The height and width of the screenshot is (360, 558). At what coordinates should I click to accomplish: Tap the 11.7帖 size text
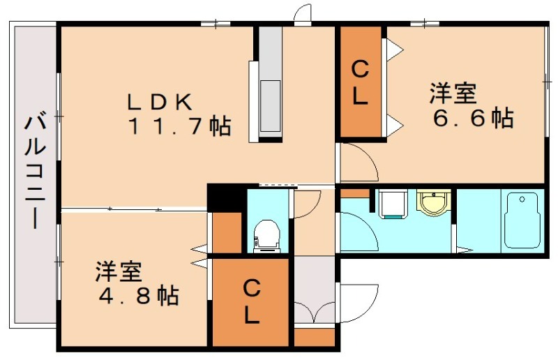pos(178,126)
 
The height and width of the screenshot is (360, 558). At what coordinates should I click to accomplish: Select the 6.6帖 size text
pos(472,117)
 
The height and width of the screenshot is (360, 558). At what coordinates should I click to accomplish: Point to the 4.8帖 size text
pos(137,295)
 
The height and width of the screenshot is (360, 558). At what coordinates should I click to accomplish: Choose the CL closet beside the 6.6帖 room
pos(359,82)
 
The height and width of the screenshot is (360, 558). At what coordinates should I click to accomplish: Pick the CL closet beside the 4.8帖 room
pos(250,301)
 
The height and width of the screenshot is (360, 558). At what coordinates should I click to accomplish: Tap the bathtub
pos(522,220)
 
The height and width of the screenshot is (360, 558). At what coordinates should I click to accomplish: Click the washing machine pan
pos(393,204)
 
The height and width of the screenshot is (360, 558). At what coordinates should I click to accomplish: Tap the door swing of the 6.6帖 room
pos(357,160)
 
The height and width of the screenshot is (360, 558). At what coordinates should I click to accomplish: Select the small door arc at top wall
pos(303,14)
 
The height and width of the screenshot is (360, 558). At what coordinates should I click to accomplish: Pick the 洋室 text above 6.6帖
pos(453,93)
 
